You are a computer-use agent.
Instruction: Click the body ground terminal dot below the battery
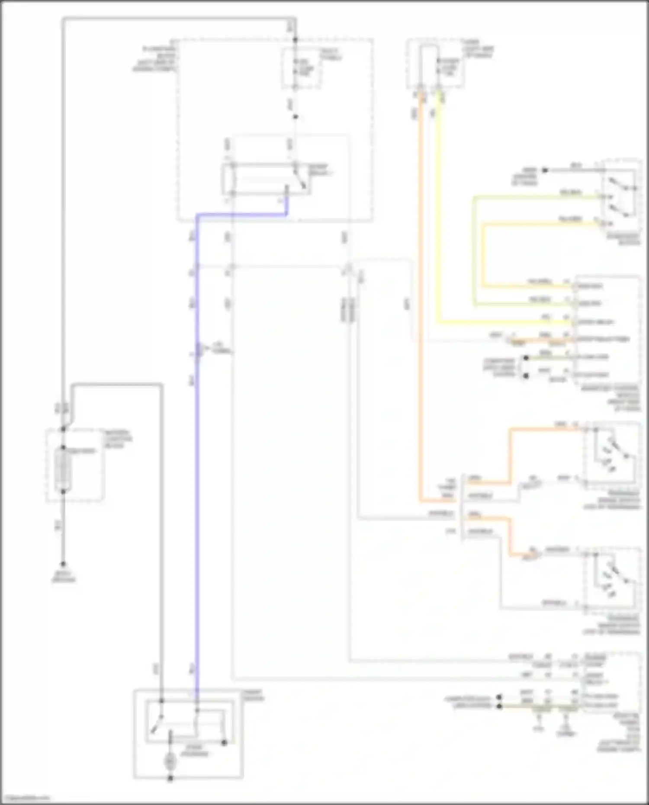(x=63, y=564)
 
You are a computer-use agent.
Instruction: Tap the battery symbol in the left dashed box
(x=63, y=470)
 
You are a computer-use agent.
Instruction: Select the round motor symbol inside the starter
(x=170, y=761)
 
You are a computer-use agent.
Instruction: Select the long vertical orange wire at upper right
(x=420, y=303)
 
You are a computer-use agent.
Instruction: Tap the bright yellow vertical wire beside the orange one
(x=438, y=216)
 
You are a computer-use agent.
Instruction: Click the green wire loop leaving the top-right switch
(x=474, y=251)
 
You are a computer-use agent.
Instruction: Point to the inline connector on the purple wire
(x=199, y=350)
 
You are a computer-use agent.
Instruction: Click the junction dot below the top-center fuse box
(x=296, y=117)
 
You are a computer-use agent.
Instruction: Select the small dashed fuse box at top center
(x=301, y=68)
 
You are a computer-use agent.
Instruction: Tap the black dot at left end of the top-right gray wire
(x=545, y=170)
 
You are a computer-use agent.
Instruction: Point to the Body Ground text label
(x=64, y=578)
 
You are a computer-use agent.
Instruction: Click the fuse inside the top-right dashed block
(x=438, y=69)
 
